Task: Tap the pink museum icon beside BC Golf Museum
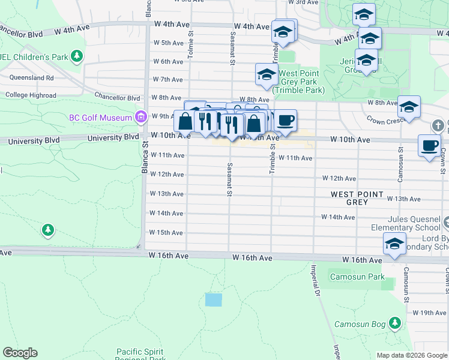[x=142, y=116]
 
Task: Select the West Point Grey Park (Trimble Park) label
[x=298, y=82]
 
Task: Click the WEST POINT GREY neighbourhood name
[x=357, y=198]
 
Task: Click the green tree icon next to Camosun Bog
[x=394, y=323]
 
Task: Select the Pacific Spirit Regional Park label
[x=141, y=355]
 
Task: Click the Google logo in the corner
[x=20, y=353]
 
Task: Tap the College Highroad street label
[x=31, y=95]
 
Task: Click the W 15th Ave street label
[x=166, y=233]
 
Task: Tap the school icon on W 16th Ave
[x=394, y=244]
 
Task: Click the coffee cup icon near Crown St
[x=430, y=146]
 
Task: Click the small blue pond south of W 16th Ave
[x=213, y=300]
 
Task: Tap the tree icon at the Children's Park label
[x=76, y=57]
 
